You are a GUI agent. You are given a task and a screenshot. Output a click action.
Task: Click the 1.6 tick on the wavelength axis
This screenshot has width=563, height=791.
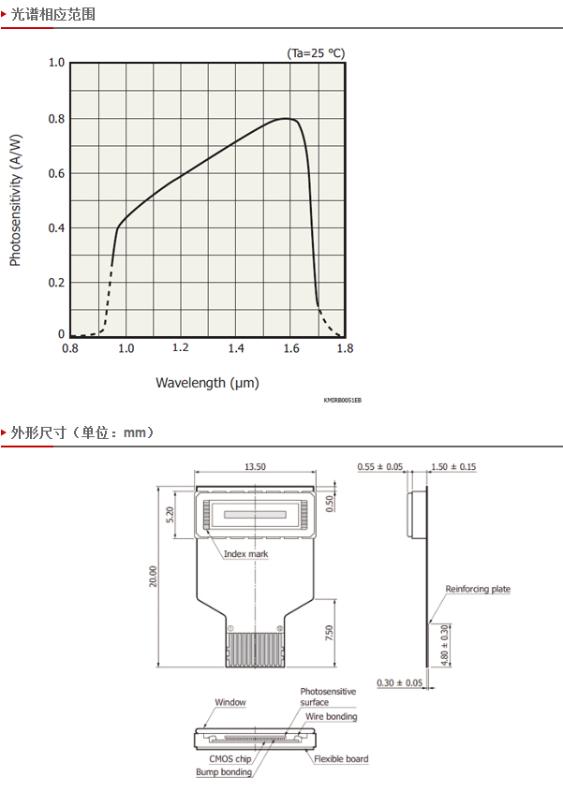click(x=291, y=348)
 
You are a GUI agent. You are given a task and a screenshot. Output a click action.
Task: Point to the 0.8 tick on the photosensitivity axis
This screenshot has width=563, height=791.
click(x=56, y=119)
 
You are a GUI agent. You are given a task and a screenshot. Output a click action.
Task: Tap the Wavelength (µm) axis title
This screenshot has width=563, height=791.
click(x=207, y=383)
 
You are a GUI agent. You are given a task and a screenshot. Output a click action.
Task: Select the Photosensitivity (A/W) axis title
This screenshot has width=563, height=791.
click(x=16, y=199)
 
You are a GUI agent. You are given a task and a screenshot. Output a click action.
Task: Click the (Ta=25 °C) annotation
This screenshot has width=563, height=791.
click(x=316, y=53)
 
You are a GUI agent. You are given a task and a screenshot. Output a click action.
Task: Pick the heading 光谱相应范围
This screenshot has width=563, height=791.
click(x=53, y=14)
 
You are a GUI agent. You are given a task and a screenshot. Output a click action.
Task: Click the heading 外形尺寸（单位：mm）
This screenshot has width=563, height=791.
click(x=82, y=432)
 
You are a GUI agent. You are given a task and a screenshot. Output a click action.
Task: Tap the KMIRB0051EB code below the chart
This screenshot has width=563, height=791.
click(x=342, y=400)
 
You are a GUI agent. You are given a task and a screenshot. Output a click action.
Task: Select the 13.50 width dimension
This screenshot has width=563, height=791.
click(x=255, y=466)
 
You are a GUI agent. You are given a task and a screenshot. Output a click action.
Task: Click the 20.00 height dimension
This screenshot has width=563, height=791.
click(x=153, y=576)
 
